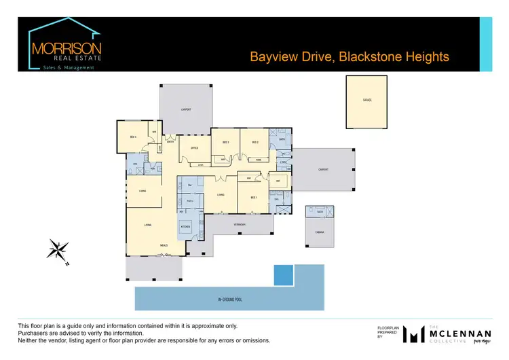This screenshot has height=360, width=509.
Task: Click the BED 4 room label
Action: tap(134, 137)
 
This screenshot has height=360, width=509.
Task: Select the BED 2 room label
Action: tap(255, 142)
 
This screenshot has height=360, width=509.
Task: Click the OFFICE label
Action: tap(194, 147)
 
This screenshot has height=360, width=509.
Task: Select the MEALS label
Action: tap(164, 245)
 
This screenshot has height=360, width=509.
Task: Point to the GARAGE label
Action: tap(367, 100)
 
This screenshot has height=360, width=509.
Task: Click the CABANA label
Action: tap(319, 232)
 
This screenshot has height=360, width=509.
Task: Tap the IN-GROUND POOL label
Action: tap(229, 299)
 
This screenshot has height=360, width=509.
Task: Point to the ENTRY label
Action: tap(170, 142)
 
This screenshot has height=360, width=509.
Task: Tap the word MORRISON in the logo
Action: tap(67, 50)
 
